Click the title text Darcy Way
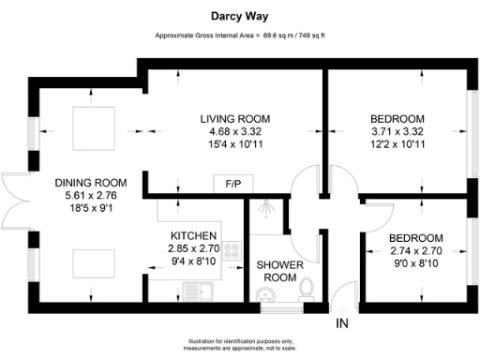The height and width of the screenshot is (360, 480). (240, 16)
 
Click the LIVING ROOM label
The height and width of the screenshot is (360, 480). (235, 119)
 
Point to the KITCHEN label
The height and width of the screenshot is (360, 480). (194, 235)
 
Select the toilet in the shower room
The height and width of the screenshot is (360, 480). (306, 296)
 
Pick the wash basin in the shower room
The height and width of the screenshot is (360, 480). (268, 298)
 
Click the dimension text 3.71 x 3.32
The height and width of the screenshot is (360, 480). (397, 132)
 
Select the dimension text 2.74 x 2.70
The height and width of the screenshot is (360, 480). (418, 250)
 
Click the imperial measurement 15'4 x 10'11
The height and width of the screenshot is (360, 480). (235, 145)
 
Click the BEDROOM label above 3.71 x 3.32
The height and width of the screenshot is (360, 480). (397, 119)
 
